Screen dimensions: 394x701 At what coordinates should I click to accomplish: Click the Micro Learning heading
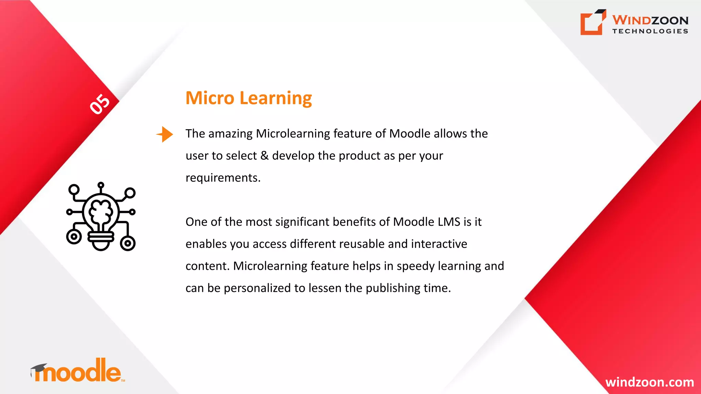tap(248, 98)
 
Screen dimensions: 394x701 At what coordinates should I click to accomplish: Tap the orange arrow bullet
tap(165, 134)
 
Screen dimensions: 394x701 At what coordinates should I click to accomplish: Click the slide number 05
tap(100, 104)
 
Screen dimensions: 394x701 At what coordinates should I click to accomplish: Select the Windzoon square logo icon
tap(592, 23)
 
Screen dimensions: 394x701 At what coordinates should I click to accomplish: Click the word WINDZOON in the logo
tap(650, 20)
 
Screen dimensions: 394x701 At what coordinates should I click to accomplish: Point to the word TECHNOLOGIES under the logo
tap(650, 31)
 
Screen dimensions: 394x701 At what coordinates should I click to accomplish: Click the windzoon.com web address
tap(649, 382)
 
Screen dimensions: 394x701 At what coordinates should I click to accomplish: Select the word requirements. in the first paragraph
tap(223, 178)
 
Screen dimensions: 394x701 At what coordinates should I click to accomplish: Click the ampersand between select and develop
tap(264, 156)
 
